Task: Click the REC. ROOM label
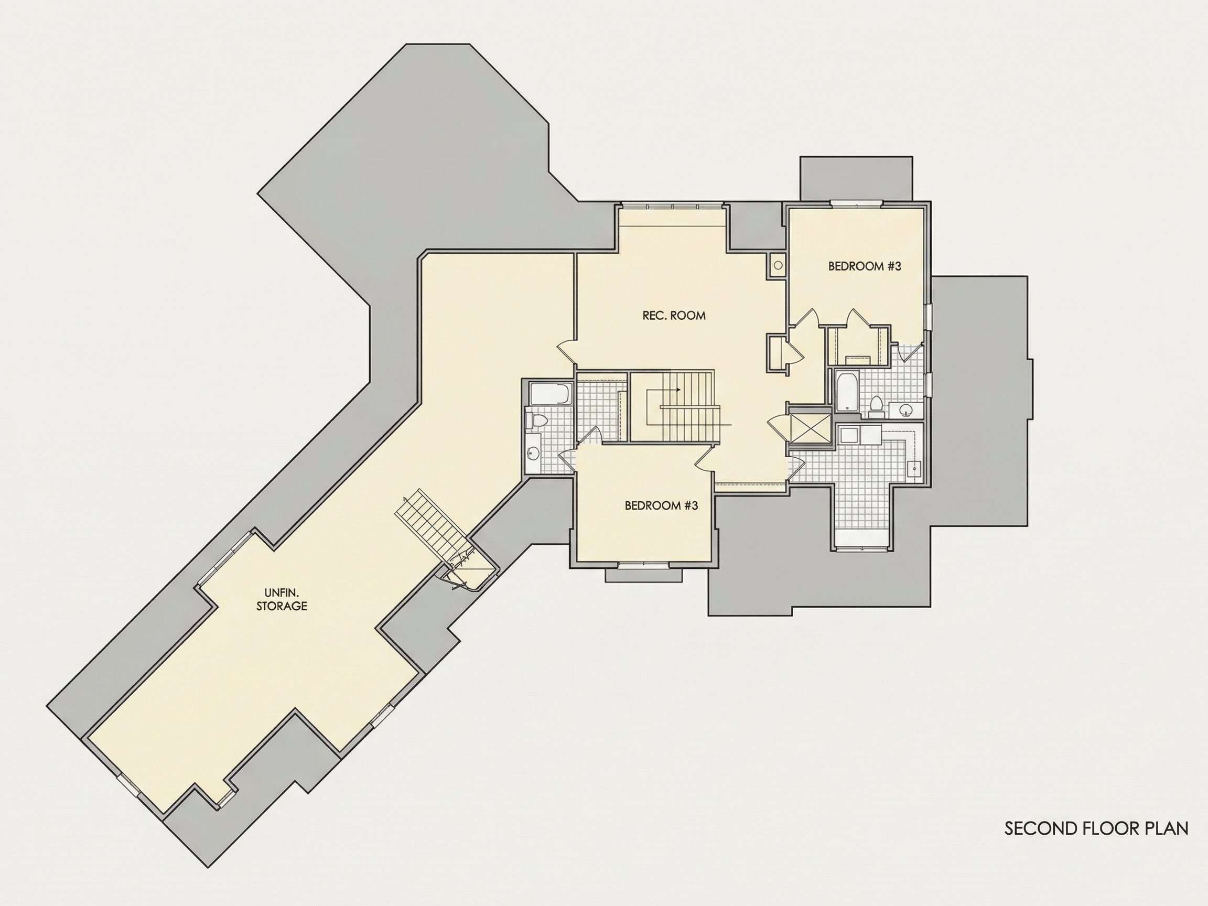pos(674,315)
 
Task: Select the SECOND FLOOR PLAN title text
pos(1097,828)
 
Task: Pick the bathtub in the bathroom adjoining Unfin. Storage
pos(550,394)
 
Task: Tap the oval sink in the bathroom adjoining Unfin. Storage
pos(533,452)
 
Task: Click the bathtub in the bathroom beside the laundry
pos(845,391)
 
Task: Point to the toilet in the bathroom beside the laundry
pos(877,406)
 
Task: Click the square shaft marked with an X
pos(811,426)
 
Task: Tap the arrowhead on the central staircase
pos(678,390)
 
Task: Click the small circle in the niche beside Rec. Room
pos(778,265)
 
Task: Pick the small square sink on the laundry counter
pos(914,469)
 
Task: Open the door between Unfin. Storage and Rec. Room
pos(566,352)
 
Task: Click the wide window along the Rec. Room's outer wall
pos(672,206)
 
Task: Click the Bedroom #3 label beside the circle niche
pos(865,266)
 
